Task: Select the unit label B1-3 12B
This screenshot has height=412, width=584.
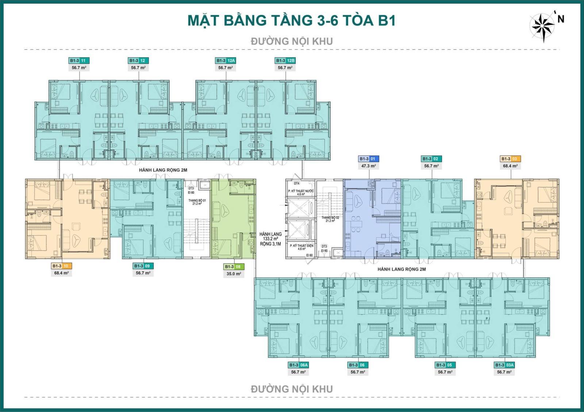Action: (x=285, y=61)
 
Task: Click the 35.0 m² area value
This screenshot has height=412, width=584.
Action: (x=234, y=273)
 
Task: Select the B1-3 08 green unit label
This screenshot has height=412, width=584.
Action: (x=234, y=266)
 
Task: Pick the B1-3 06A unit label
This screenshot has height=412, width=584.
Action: (x=299, y=365)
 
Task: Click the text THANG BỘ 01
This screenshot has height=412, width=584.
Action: (x=197, y=200)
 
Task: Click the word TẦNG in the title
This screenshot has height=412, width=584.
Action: (x=292, y=20)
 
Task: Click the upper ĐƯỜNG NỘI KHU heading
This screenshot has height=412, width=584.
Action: (x=292, y=41)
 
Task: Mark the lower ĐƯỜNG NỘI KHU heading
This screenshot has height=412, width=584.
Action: (x=292, y=389)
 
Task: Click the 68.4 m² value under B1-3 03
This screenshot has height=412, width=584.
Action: (x=510, y=166)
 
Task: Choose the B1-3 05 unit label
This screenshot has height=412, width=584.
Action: (x=445, y=365)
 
